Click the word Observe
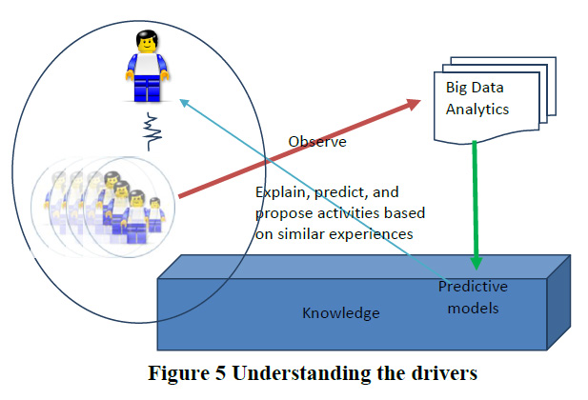(317, 143)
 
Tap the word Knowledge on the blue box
(341, 313)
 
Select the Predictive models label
(473, 296)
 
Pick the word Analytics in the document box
(477, 109)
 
